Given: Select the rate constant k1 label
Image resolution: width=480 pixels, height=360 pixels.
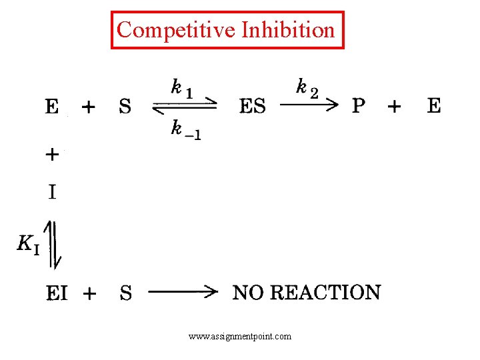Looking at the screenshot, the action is coord(182,89).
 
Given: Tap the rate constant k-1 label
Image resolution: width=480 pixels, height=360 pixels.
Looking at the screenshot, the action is coord(186,129).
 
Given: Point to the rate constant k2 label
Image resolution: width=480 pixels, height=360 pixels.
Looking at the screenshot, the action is coord(307,87).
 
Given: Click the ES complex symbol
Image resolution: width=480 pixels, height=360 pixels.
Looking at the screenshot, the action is coord(253,106).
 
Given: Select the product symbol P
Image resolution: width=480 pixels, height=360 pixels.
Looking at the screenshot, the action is coord(359,105).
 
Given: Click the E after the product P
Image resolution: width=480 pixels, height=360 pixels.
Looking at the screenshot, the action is coord(434,105).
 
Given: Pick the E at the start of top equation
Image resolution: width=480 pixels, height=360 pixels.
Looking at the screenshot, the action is coord(52,106).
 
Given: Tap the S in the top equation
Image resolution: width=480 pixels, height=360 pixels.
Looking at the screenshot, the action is coord(125,106).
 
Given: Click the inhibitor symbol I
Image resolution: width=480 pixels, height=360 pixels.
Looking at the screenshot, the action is coord(52,193).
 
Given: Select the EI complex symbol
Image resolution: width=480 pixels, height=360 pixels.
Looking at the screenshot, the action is coord(57,293).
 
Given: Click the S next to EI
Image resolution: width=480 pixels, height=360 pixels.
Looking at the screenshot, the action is coord(125,293).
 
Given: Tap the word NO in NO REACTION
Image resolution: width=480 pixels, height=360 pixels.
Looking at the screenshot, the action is coord(248,292).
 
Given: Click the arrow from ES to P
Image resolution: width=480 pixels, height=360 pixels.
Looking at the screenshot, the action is coord(308,105).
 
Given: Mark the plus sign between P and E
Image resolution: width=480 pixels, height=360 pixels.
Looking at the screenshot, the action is coord(395,105).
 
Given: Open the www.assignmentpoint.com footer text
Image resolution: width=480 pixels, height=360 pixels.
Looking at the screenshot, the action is coord(240,337).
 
